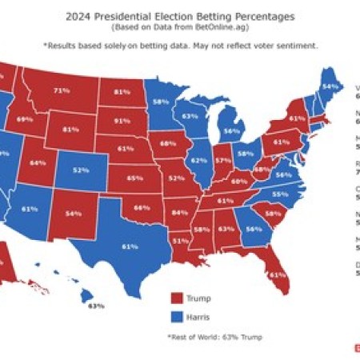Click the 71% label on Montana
pyautogui.click(x=59, y=91)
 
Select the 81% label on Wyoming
pyautogui.click(x=70, y=130)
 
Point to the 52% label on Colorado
pyautogui.click(x=81, y=170)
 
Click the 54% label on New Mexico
pyautogui.click(x=73, y=214)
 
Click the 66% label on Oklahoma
pyautogui.click(x=142, y=207)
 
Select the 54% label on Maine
pyautogui.click(x=329, y=86)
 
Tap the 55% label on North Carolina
pyautogui.click(x=279, y=194)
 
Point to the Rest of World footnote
pyautogui.click(x=214, y=338)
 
